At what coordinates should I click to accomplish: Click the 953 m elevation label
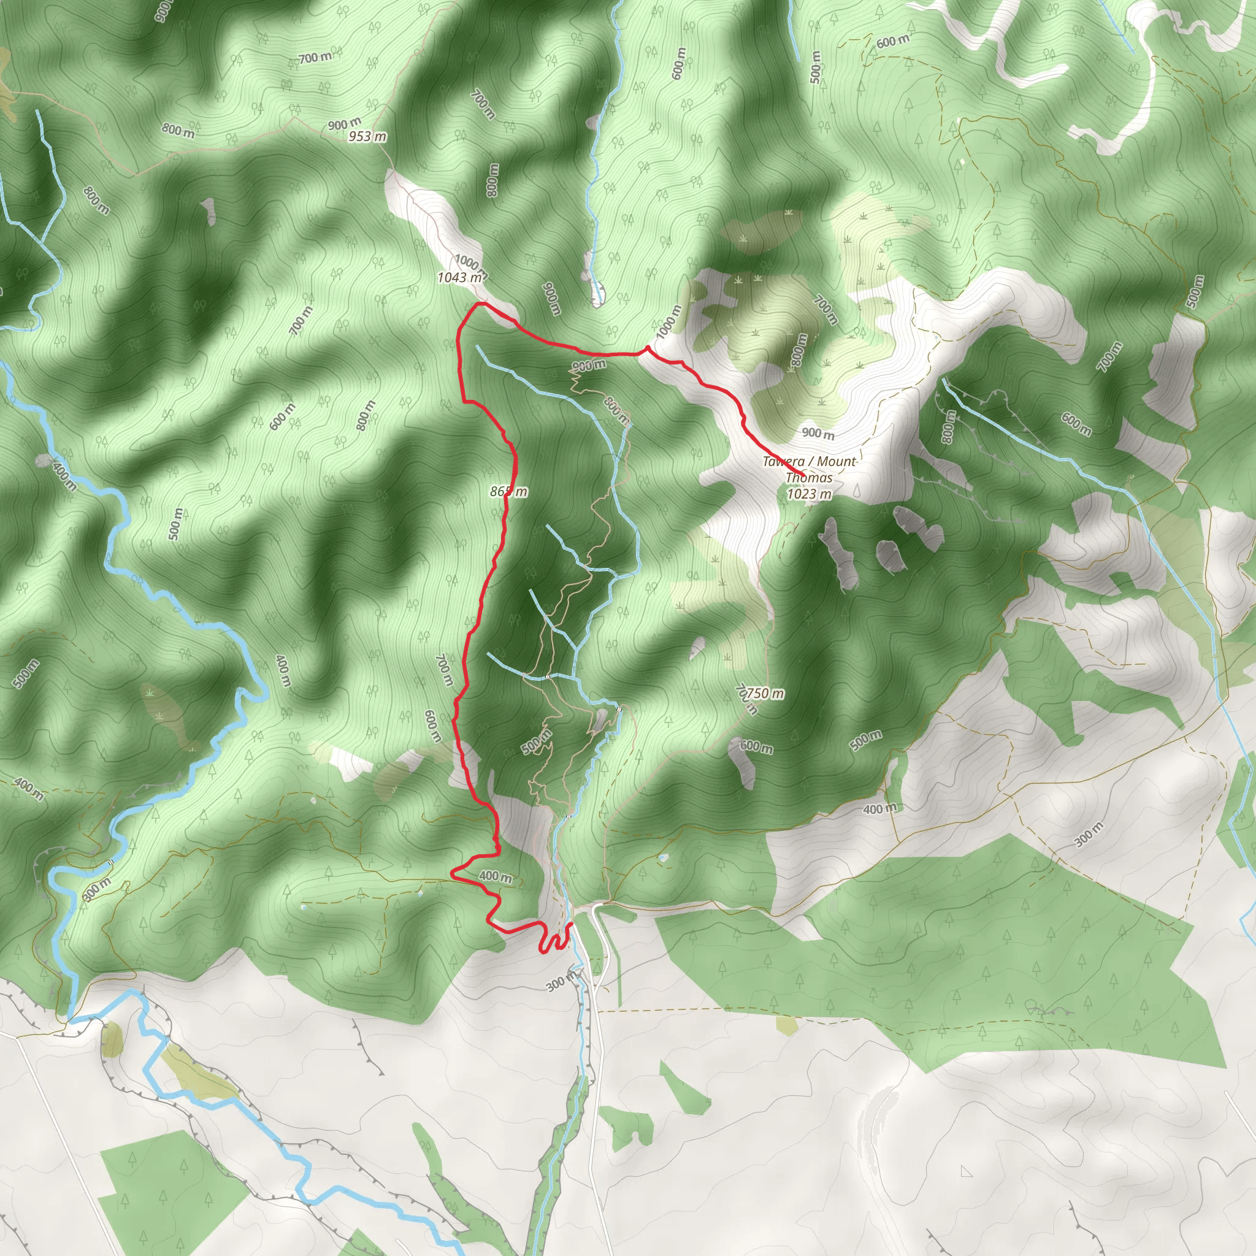367,137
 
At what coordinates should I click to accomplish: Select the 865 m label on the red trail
509,491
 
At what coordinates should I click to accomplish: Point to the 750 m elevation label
765,694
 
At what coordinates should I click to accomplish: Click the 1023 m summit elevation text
810,494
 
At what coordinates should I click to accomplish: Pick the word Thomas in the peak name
809,478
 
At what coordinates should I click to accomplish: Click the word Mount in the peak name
837,462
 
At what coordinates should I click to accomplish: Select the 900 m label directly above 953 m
345,123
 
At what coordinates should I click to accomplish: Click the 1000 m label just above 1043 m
469,262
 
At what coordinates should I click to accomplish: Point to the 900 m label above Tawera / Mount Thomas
818,433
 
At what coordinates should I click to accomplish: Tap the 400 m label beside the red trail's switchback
496,876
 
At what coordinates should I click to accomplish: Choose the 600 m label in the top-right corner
892,42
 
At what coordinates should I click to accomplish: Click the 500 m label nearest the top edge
816,67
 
